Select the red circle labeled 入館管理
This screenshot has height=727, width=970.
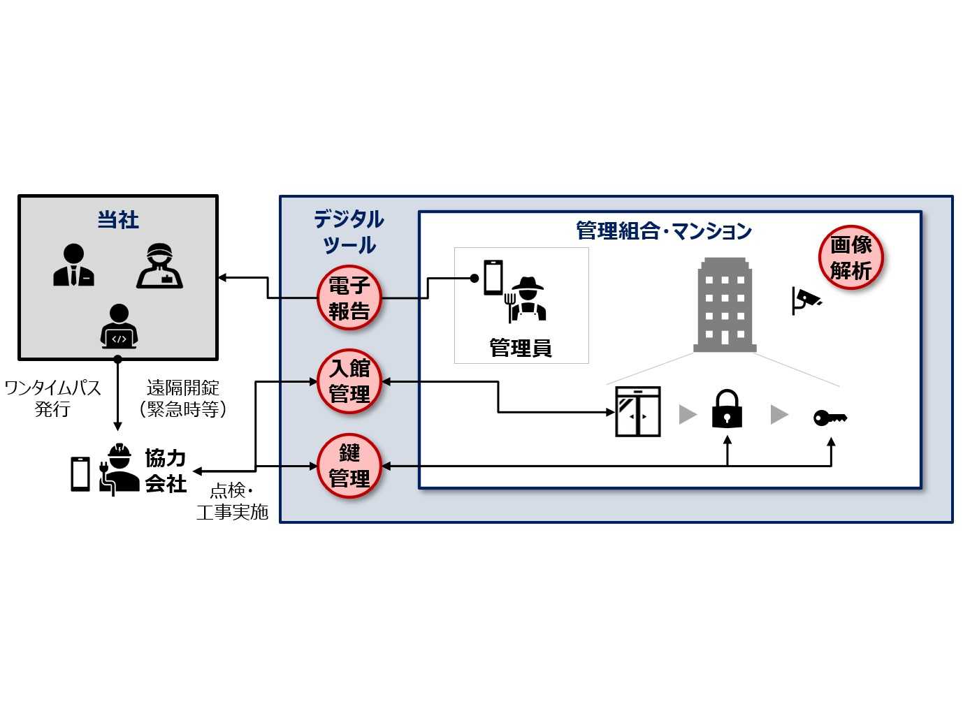(349, 381)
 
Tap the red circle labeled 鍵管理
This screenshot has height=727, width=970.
(349, 466)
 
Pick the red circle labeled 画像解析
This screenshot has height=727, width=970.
(850, 258)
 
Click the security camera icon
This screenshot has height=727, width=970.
(806, 300)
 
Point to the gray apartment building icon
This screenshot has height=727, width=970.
(725, 304)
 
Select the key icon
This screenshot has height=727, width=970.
(830, 418)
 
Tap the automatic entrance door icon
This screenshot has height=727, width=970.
(637, 412)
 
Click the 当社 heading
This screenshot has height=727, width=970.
(117, 220)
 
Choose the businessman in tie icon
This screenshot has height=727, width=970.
(73, 265)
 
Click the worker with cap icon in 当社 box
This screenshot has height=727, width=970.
(160, 266)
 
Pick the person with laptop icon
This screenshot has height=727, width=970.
(119, 326)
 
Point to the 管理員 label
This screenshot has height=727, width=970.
(521, 347)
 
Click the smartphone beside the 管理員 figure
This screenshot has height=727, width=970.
(493, 277)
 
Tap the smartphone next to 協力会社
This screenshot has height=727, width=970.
(80, 473)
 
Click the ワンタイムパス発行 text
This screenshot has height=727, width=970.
(52, 398)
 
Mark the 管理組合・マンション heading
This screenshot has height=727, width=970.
(663, 231)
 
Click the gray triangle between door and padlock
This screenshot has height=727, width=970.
(688, 415)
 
